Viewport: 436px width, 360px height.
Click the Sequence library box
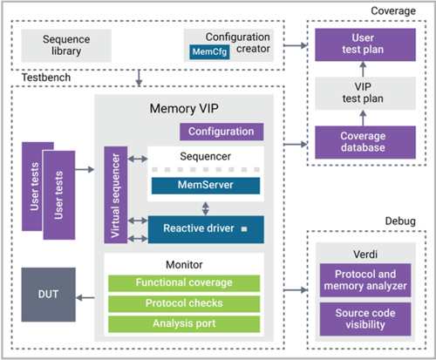tap(66, 45)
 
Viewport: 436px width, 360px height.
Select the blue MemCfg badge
tap(209, 52)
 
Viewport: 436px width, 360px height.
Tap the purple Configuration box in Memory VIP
tap(221, 132)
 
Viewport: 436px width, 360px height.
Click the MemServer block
tap(206, 186)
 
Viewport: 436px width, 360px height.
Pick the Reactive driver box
tap(206, 229)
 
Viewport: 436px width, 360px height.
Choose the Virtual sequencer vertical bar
tap(116, 194)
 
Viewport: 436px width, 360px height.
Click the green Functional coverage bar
tap(184, 283)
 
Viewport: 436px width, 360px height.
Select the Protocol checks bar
tap(184, 303)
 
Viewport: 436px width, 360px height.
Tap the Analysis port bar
tap(184, 324)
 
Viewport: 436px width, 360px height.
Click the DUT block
tap(48, 295)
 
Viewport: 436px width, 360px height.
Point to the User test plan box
tap(365, 44)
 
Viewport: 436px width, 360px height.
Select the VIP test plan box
tap(365, 93)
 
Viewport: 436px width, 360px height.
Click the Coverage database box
tap(365, 142)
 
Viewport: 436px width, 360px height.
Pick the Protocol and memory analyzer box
tap(365, 280)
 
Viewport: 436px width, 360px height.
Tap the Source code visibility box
tap(365, 319)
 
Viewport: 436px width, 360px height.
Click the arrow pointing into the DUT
tap(85, 297)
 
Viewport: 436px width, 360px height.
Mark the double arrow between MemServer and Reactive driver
tap(206, 208)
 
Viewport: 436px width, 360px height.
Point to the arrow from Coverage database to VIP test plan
tap(363, 118)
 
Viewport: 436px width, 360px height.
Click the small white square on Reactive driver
tap(244, 229)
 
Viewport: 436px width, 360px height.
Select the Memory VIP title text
tap(184, 109)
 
